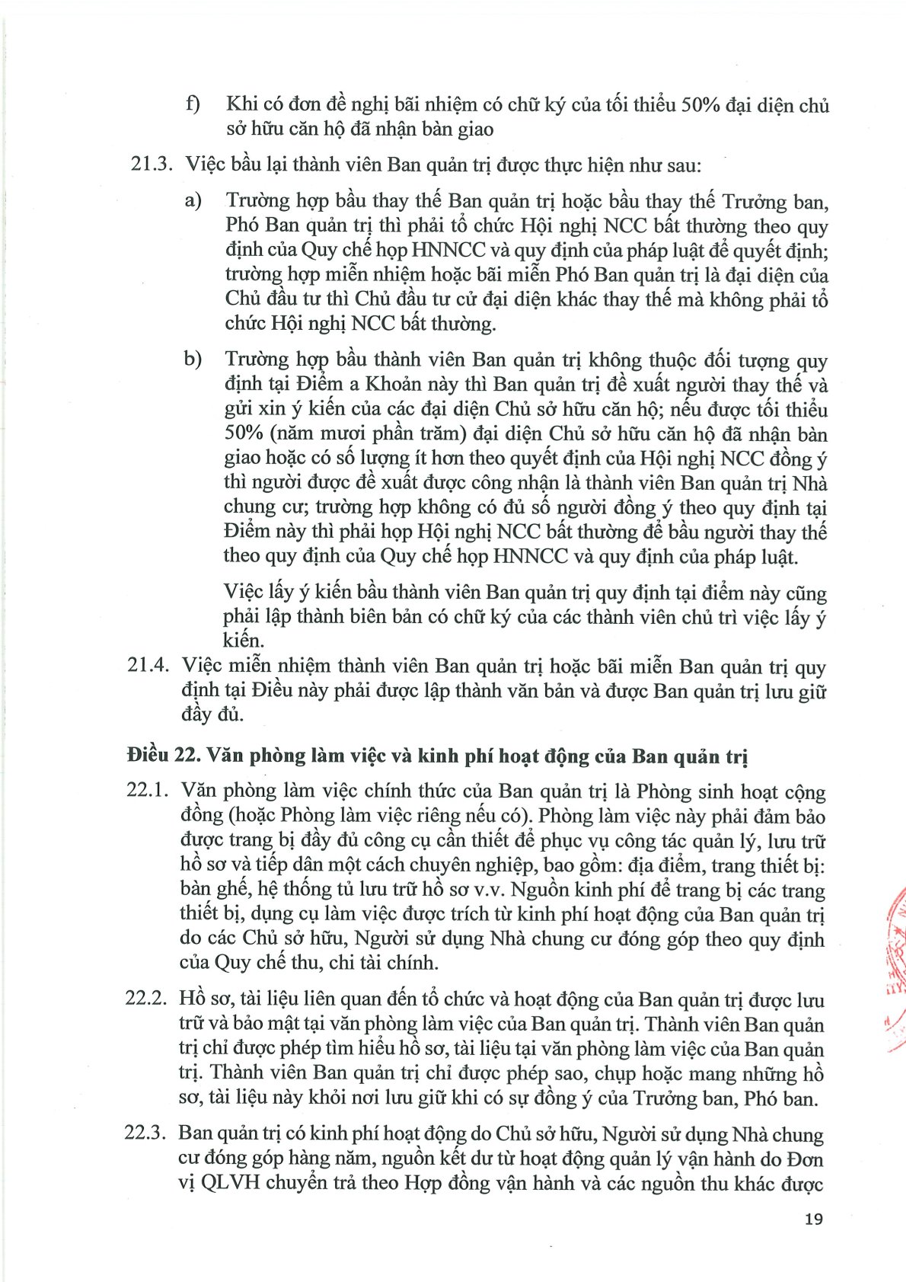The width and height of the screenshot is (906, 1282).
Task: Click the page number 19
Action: click(x=813, y=1219)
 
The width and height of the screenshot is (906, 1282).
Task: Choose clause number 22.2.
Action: click(x=145, y=999)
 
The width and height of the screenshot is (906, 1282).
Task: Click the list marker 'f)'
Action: click(x=193, y=104)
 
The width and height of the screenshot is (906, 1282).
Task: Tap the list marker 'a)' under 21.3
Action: click(x=193, y=200)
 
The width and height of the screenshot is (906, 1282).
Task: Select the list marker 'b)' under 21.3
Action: click(x=193, y=359)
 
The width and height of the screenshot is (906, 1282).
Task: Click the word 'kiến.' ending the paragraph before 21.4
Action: click(x=244, y=640)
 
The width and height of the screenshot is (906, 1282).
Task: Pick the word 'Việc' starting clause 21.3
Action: click(x=207, y=165)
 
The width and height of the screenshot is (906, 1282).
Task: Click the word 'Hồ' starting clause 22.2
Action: click(x=193, y=999)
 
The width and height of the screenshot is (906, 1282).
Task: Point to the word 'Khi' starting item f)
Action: click(x=241, y=104)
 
